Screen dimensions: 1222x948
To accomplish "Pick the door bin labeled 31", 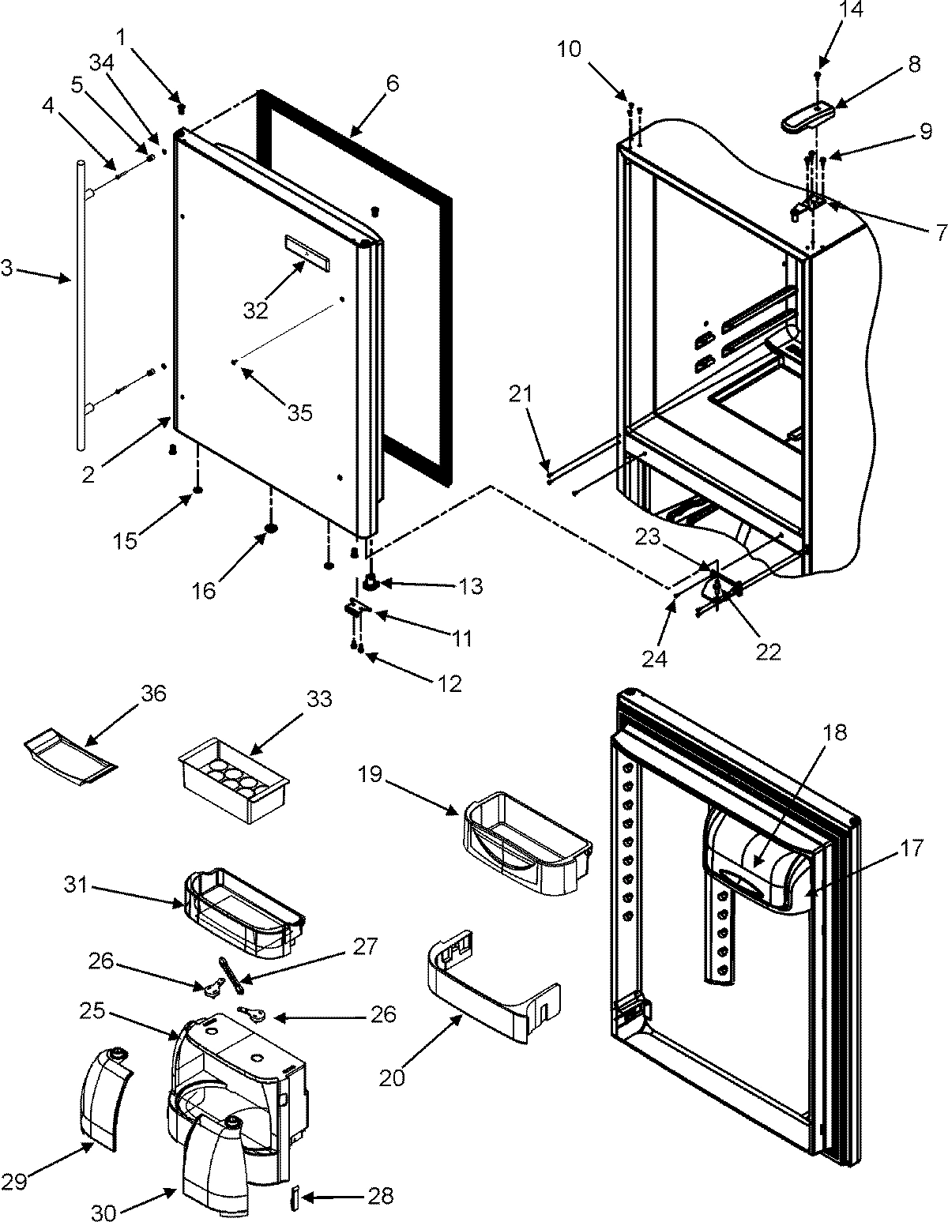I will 243,908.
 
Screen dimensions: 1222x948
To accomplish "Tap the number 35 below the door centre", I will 300,412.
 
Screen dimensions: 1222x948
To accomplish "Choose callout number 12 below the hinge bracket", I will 450,683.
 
